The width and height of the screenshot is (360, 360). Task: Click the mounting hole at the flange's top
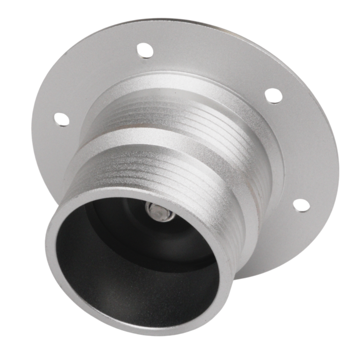145,50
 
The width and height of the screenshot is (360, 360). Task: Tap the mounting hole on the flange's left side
61,119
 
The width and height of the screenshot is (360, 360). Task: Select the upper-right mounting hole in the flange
273,96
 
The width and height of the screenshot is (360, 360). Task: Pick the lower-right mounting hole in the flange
301,204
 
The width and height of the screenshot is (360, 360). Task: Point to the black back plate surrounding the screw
180,226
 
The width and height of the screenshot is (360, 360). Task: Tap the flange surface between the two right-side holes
303,149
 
